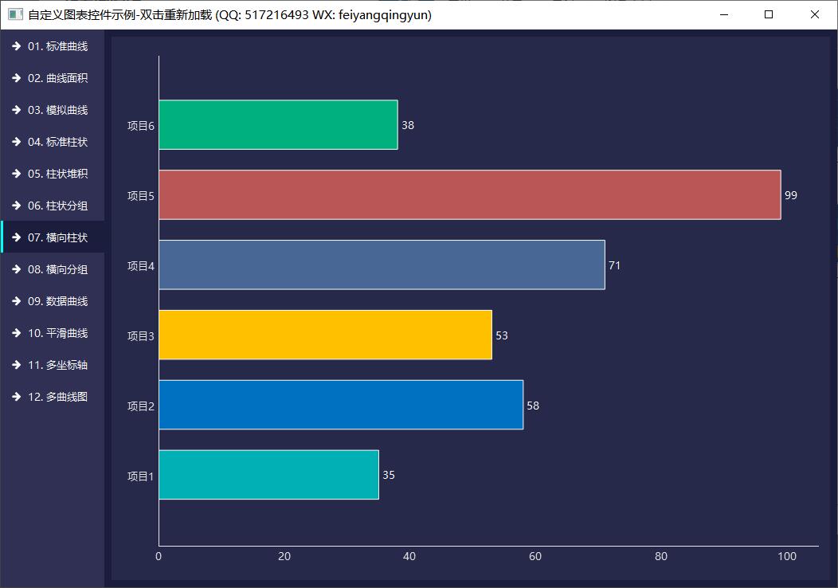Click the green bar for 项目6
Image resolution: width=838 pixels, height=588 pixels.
[x=278, y=124]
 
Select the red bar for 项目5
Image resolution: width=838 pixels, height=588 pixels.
[x=469, y=194]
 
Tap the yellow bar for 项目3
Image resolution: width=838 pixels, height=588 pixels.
[x=325, y=335]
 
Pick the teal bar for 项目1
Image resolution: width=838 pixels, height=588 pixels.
[x=268, y=475]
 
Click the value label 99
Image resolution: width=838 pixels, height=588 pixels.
[x=790, y=195]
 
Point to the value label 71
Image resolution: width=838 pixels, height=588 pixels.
[x=614, y=265]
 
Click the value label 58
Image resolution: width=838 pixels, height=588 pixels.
[x=533, y=406]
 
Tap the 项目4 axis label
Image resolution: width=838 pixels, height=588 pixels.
[x=140, y=265]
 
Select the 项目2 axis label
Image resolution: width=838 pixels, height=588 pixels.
[x=140, y=406]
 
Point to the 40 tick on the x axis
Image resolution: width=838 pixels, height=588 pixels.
[x=409, y=556]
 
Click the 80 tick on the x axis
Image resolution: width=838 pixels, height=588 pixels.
[x=660, y=556]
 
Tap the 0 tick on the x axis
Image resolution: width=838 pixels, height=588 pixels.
[x=159, y=556]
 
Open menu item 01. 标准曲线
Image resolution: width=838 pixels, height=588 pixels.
[x=57, y=46]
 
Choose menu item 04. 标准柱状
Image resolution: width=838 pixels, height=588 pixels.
[x=57, y=142]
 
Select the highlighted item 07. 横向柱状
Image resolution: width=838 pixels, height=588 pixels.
[x=57, y=237]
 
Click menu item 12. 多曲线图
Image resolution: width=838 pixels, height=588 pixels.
[x=57, y=397]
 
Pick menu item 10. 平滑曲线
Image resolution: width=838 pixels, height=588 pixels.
[x=57, y=333]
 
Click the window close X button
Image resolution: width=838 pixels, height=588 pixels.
[x=815, y=14]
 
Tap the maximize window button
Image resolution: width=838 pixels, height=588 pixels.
[x=769, y=14]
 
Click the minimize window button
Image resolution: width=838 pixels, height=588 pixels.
[x=723, y=14]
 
